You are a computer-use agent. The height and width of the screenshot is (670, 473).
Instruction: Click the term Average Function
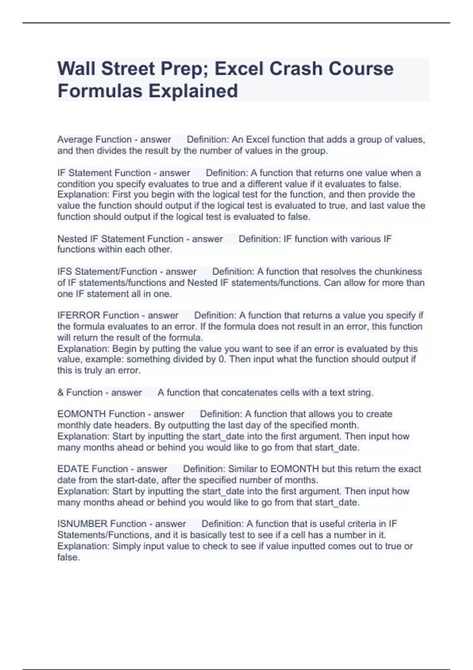point(94,140)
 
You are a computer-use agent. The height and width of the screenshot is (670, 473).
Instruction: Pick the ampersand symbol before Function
point(60,393)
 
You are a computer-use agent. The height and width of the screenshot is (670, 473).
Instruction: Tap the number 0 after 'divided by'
point(220,359)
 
